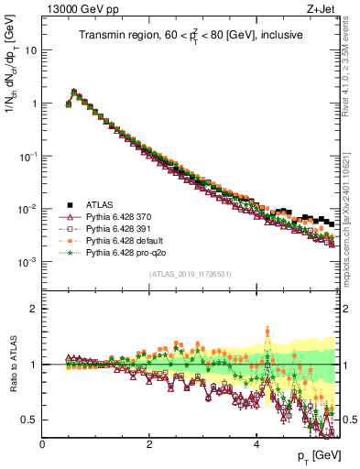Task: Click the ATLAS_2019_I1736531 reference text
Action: click(190, 275)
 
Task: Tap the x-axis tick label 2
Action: click(149, 444)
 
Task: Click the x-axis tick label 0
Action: click(43, 444)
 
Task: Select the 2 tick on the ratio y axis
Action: click(34, 309)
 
